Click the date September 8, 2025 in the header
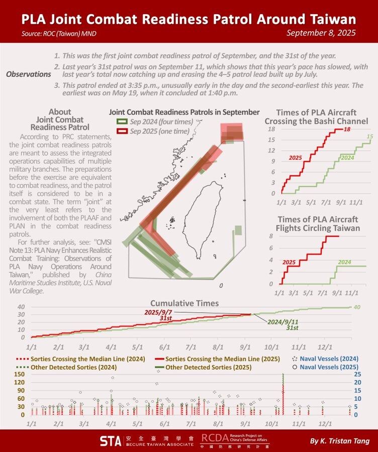coord(321,33)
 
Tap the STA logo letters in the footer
coord(110,441)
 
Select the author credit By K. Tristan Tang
coord(337,441)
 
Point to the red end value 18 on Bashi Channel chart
coord(347,130)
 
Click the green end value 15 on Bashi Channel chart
coord(369,136)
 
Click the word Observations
coord(29,74)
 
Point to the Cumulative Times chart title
coord(185,303)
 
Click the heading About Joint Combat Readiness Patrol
coord(60,120)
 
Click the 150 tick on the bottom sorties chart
coord(20,374)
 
